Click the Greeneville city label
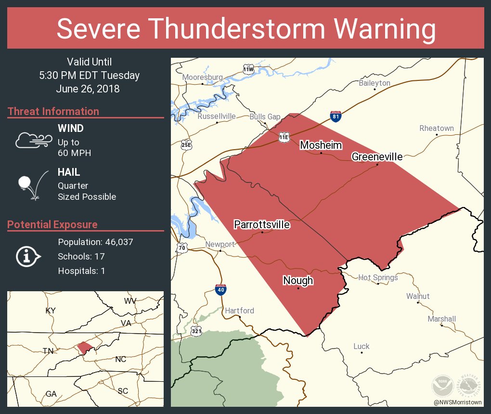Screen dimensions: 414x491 click(377, 156)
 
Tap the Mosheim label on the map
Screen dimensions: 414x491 click(321, 145)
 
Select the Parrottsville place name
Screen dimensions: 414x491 click(262, 224)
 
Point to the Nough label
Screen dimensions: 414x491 click(298, 281)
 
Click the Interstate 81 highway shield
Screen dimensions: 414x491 click(336, 116)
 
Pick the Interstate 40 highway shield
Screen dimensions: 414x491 click(221, 289)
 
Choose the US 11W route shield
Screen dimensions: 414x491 click(248, 69)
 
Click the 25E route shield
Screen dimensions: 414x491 click(186, 144)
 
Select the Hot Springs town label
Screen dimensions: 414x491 click(378, 277)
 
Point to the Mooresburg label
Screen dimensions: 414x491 click(202, 77)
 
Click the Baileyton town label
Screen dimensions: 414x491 click(375, 83)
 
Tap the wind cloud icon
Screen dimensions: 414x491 click(33, 140)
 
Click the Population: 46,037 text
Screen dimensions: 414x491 click(95, 242)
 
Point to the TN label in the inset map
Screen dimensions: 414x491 click(48, 351)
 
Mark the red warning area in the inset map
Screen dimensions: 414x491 click(85, 348)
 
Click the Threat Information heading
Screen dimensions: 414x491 click(53, 112)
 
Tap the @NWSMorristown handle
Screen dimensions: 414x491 click(457, 401)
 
